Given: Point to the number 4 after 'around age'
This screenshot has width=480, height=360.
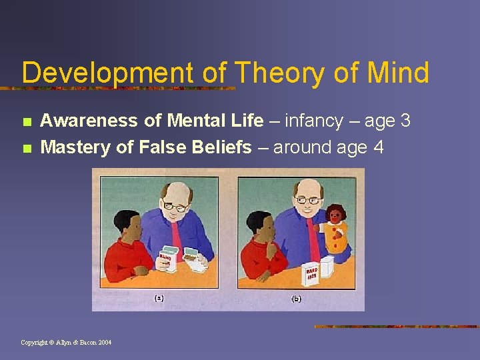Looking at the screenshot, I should coord(379,147).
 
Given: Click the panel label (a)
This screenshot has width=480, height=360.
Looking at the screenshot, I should coord(159,299).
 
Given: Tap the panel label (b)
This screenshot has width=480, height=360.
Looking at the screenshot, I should coord(297,299).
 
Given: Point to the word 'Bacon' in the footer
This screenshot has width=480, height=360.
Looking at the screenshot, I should coord(85,343).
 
